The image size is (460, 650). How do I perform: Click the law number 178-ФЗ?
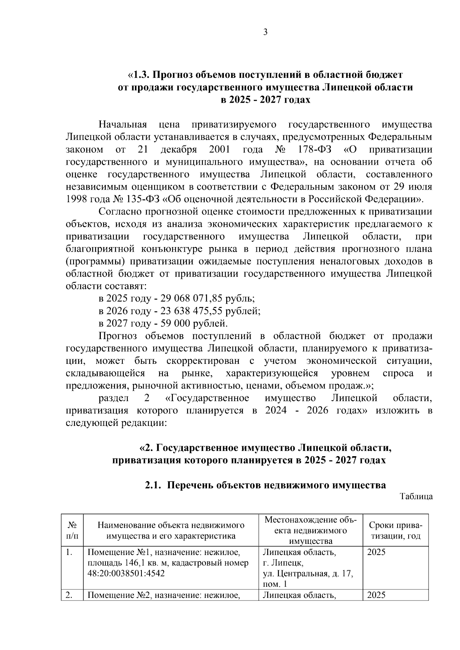point(314,149)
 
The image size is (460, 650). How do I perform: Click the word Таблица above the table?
point(416,497)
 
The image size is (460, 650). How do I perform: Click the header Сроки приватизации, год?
point(395,530)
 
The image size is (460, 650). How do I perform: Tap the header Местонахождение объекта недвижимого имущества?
point(310,530)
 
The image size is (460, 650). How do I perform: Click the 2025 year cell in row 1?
point(376,552)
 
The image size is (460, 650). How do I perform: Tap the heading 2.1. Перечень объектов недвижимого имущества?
point(265,485)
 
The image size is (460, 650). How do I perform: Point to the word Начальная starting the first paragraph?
point(123,125)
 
